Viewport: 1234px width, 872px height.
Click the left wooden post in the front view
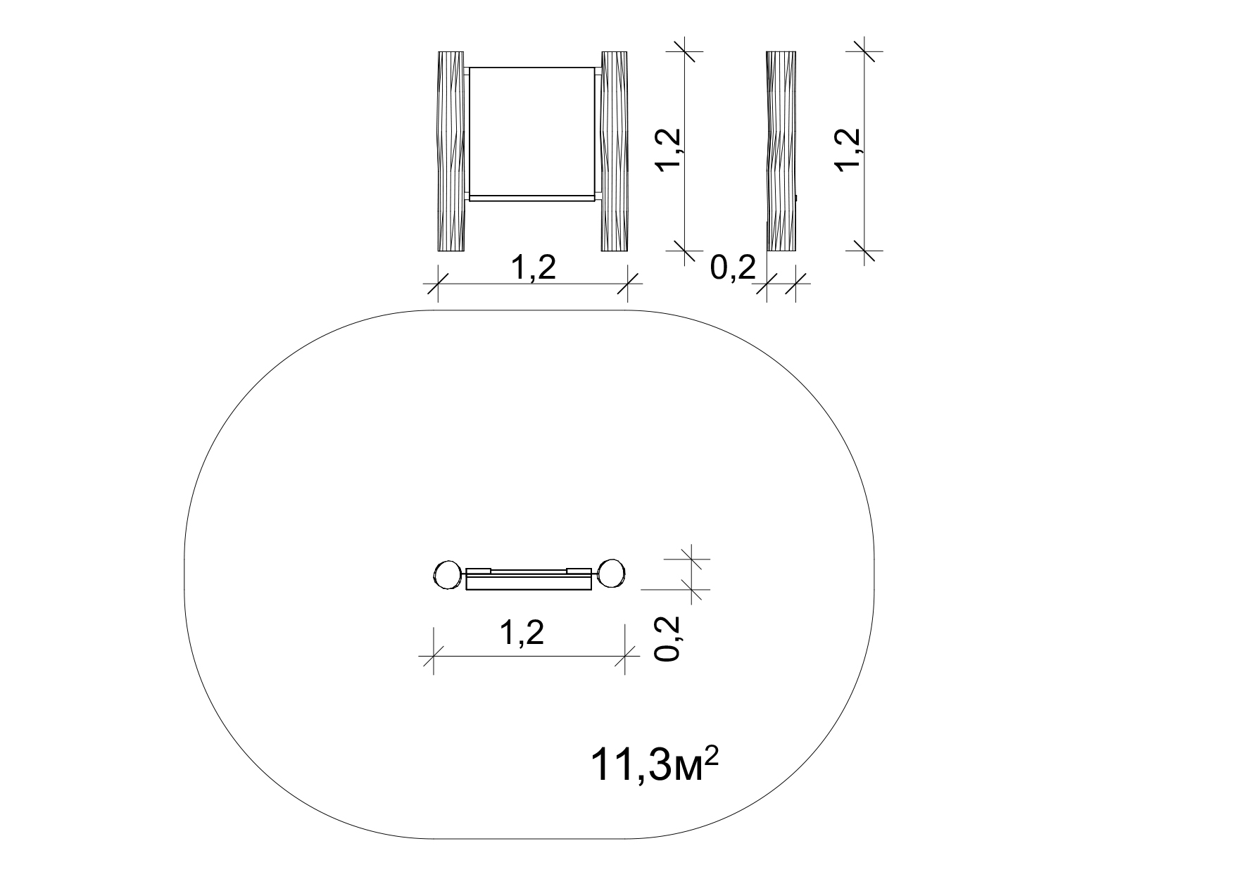tap(451, 151)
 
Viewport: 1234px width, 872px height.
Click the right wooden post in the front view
tap(615, 151)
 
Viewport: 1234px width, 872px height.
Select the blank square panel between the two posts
tap(533, 131)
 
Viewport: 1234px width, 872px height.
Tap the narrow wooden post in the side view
tap(781, 151)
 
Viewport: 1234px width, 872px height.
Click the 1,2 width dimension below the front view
tap(533, 268)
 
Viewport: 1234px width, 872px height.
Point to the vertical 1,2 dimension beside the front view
tap(668, 149)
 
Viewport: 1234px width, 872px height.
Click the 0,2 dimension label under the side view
tap(733, 268)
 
